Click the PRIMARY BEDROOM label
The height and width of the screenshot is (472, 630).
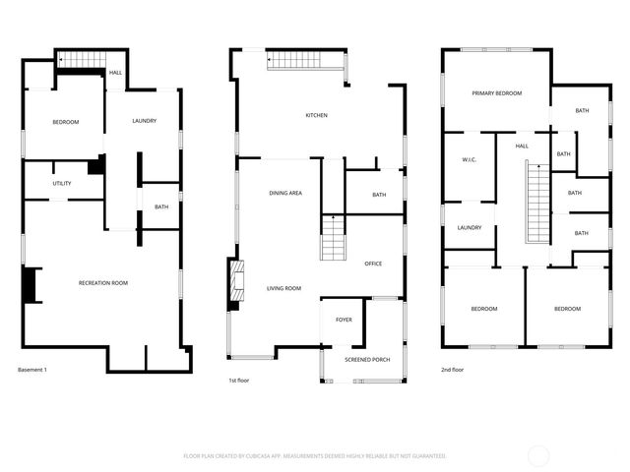[x=496, y=93]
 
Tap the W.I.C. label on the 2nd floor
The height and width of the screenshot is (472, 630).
[x=470, y=159]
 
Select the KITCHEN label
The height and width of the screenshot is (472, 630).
[x=316, y=116]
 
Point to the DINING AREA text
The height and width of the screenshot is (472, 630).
[x=285, y=194]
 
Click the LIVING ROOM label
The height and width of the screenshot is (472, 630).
[x=283, y=288]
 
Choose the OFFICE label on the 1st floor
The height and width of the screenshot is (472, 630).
[x=373, y=264]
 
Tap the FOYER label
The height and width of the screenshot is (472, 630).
[x=344, y=320]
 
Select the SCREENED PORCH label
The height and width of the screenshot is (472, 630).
[x=367, y=360]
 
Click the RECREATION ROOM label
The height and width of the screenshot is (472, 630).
[x=103, y=283]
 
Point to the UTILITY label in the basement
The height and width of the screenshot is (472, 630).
[x=62, y=184]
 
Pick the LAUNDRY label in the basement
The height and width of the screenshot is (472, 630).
[x=145, y=121]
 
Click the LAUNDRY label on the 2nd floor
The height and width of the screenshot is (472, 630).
[x=470, y=228]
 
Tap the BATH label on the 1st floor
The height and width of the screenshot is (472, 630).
[x=379, y=195]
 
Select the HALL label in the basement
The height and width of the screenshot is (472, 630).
[x=115, y=73]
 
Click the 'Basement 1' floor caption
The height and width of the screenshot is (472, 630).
[x=32, y=370]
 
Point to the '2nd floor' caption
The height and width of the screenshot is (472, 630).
[x=452, y=370]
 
